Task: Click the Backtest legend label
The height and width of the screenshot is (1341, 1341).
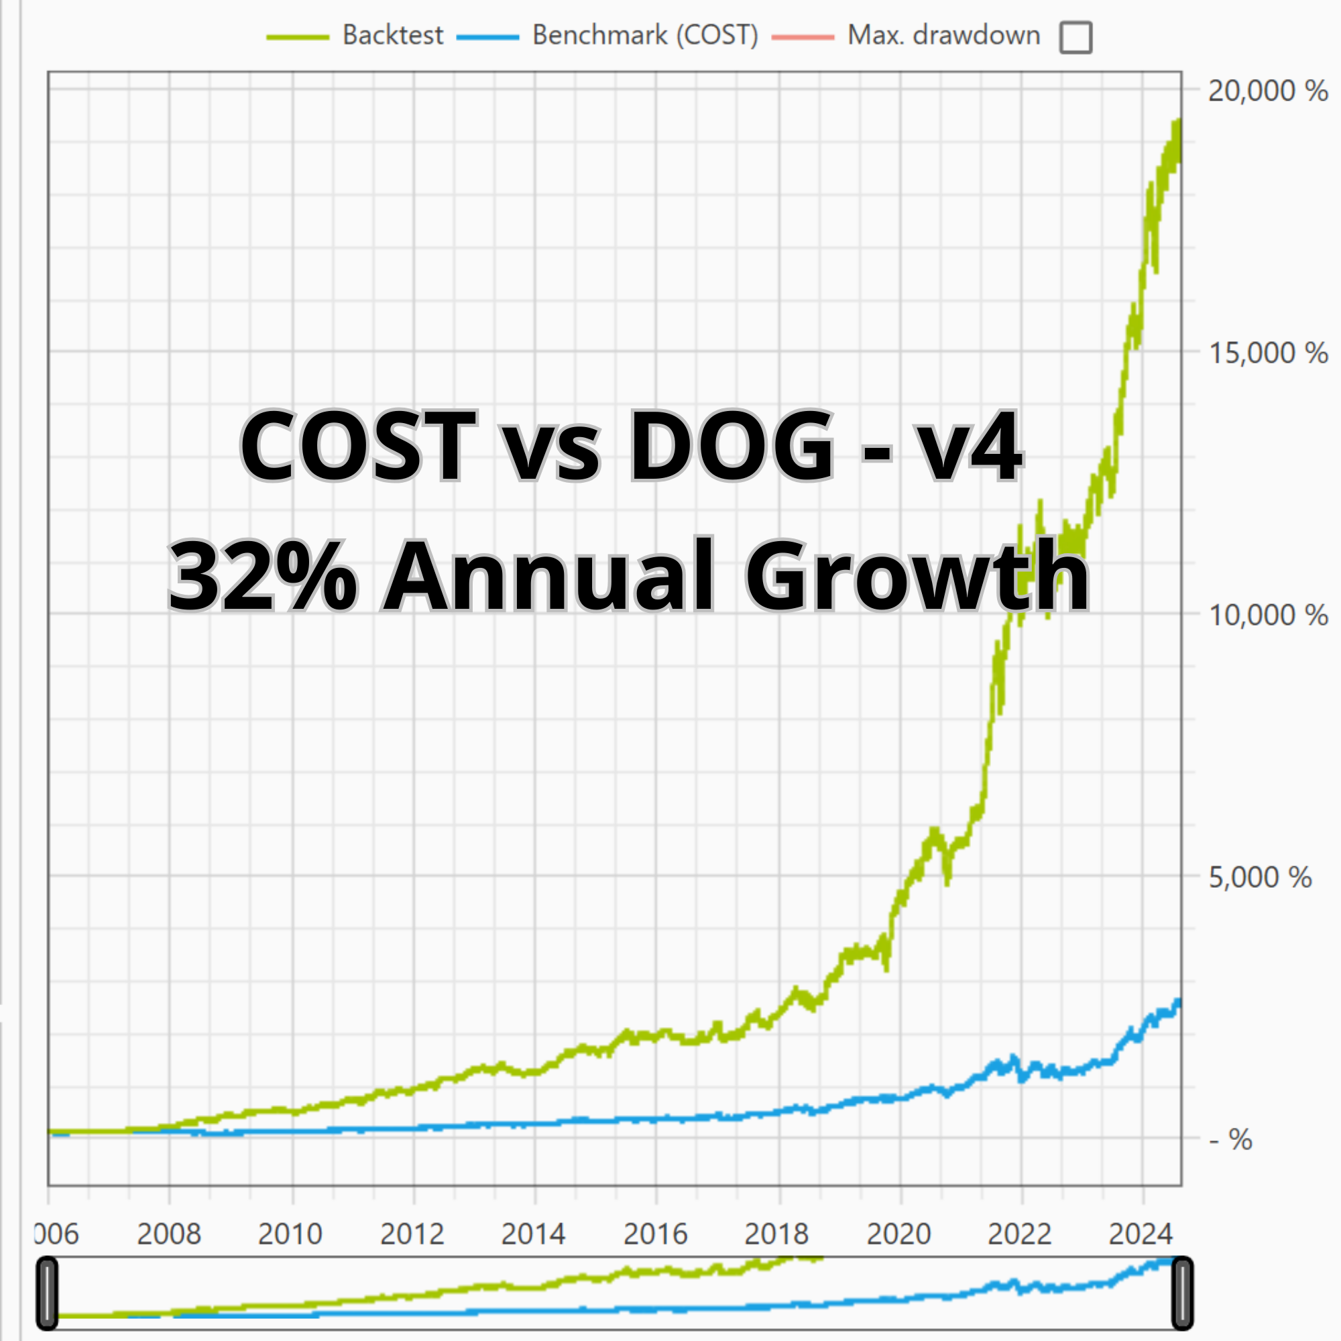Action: tap(392, 36)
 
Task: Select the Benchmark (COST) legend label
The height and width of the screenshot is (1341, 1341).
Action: tap(645, 36)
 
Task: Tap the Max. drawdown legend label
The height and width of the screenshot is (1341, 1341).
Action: tap(943, 36)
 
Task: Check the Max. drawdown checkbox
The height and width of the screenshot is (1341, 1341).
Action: tap(1075, 38)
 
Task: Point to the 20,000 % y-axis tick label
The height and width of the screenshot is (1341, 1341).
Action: tap(1267, 91)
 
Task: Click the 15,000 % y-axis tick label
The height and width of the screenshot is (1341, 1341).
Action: tap(1267, 353)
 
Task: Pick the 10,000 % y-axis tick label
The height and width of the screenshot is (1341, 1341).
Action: tap(1267, 615)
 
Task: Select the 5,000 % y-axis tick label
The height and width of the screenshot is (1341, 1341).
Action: tap(1260, 877)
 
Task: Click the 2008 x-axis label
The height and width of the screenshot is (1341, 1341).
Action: tap(169, 1234)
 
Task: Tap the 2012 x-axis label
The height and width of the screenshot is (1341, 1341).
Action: tap(412, 1234)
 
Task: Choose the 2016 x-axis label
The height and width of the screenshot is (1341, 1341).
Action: tap(655, 1234)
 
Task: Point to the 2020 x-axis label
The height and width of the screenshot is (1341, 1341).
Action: tap(899, 1234)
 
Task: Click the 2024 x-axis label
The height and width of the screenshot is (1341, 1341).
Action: tap(1141, 1234)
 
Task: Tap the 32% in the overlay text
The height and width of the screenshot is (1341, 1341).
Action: tap(262, 576)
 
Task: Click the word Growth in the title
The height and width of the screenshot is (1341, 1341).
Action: tap(916, 576)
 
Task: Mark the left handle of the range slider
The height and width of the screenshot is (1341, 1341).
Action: tap(46, 1293)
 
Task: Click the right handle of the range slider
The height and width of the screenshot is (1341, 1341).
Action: tap(1182, 1293)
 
